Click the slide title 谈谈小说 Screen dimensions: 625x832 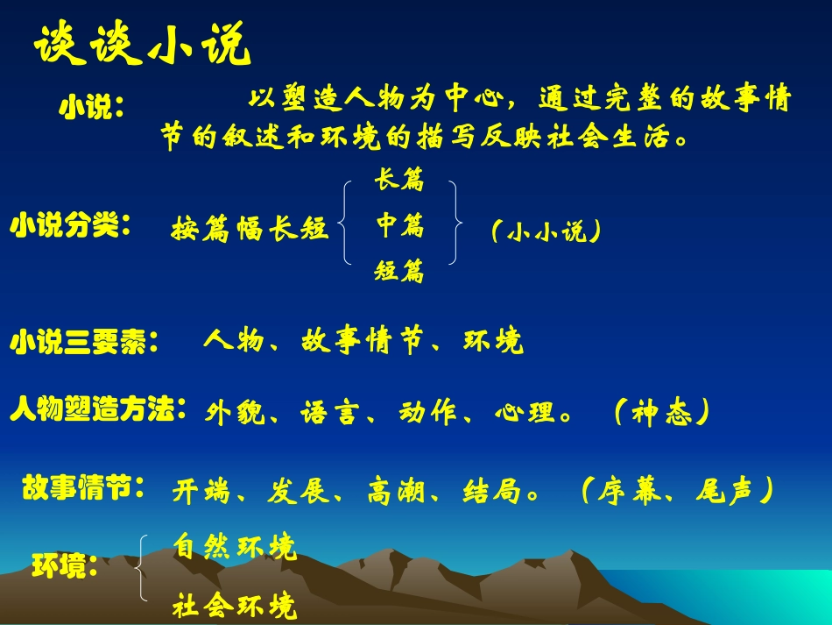[143, 46]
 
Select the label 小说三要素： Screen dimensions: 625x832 [85, 342]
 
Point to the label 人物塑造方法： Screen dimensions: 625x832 [98, 409]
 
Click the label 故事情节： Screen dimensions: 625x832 [84, 487]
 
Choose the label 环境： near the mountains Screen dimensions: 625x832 [65, 566]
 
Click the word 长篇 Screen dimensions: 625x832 [399, 181]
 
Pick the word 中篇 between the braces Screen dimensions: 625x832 [399, 227]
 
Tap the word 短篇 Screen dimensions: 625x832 [399, 272]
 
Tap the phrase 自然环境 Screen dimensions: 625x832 [235, 547]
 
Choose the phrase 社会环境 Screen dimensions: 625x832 [235, 605]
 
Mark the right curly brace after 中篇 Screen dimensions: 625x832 [455, 223]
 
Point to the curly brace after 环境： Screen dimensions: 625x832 [143, 568]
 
